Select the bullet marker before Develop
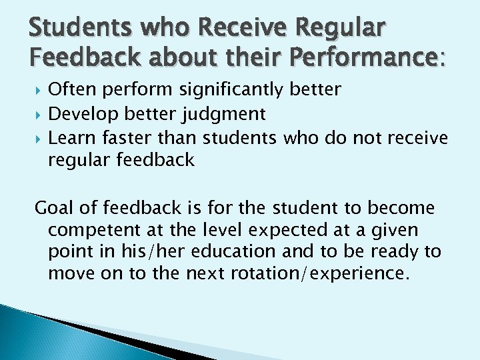[38, 115]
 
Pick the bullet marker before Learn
[38, 138]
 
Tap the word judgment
[224, 115]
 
